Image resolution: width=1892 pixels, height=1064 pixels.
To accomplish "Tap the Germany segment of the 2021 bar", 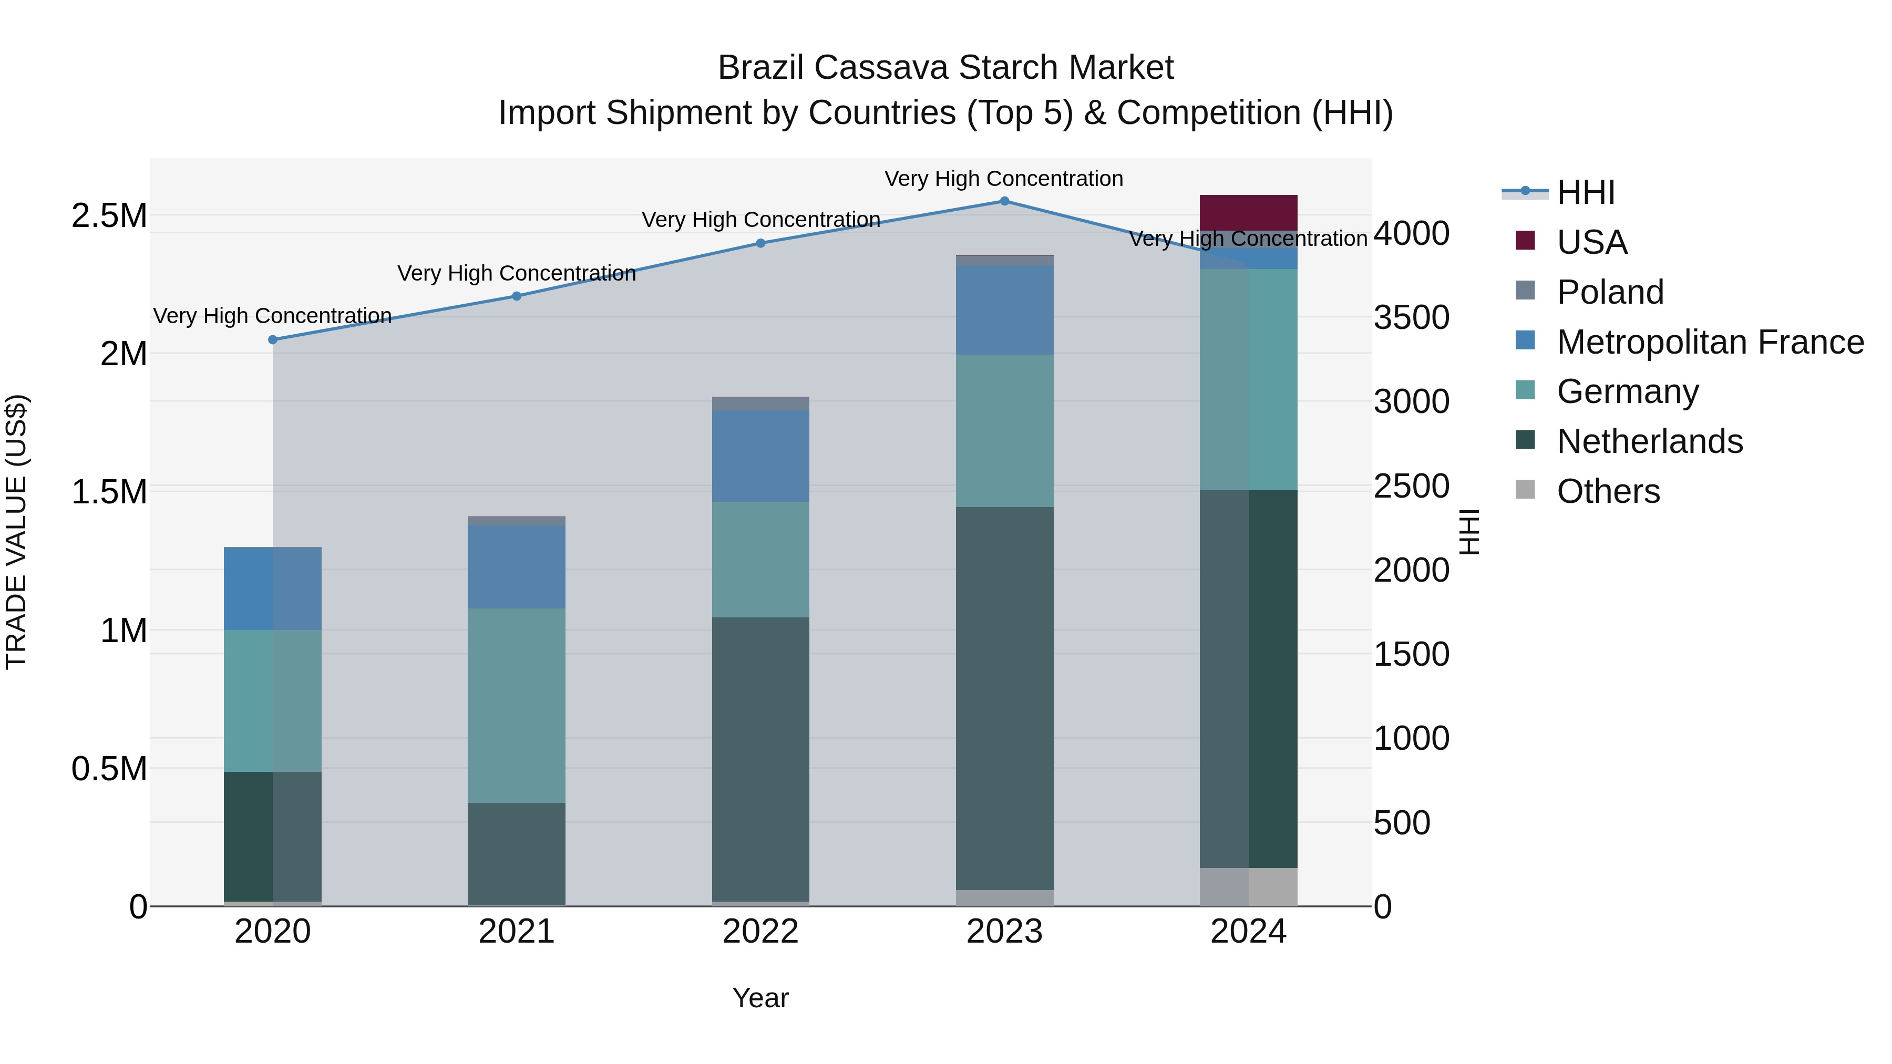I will (x=516, y=705).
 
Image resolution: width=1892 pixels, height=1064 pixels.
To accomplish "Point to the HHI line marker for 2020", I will (x=272, y=339).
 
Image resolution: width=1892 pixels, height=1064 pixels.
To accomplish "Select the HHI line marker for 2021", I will (x=516, y=296).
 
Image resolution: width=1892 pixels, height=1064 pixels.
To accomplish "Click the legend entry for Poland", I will (x=1609, y=292).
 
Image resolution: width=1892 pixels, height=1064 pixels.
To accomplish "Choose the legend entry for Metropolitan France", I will (x=1709, y=342).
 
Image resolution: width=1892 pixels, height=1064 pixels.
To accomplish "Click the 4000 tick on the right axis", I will (x=1411, y=233).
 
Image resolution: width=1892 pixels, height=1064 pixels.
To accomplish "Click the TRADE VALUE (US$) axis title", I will (x=16, y=532).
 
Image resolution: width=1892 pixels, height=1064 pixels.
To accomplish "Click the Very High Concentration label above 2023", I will (x=1003, y=179).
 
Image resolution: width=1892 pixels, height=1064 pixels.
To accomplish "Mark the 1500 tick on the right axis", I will (x=1411, y=654).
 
